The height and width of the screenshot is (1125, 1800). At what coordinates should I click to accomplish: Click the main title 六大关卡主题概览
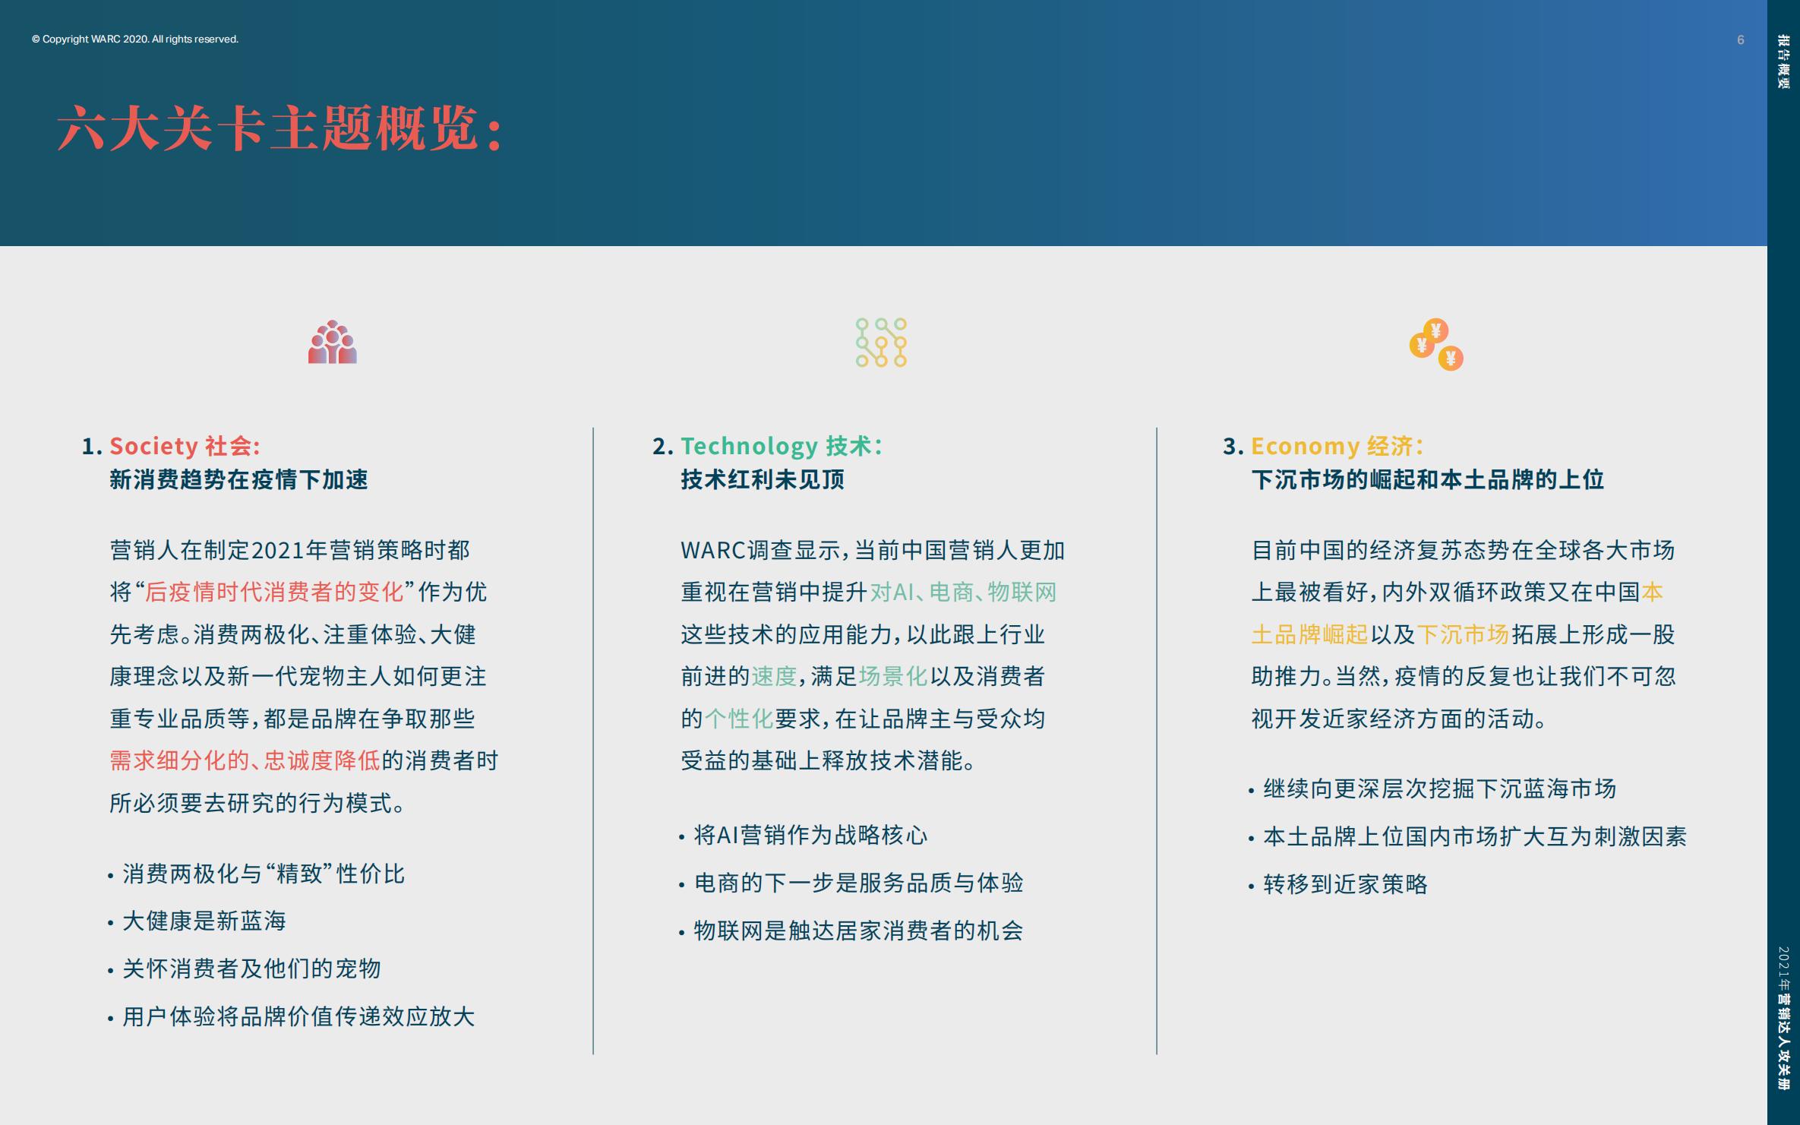tap(279, 128)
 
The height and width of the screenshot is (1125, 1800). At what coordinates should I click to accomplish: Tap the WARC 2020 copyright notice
tap(135, 40)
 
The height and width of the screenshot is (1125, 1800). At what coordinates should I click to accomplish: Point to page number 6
tap(1740, 40)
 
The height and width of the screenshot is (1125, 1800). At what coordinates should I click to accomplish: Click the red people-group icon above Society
tap(332, 343)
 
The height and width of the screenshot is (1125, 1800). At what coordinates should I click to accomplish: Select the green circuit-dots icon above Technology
tap(881, 343)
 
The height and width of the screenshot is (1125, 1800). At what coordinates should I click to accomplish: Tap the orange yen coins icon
tap(1435, 345)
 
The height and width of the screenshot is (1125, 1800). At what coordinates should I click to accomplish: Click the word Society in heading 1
tap(153, 446)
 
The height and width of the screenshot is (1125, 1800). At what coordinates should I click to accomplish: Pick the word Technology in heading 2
tap(749, 446)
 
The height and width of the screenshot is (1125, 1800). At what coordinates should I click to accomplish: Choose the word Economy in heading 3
tap(1305, 446)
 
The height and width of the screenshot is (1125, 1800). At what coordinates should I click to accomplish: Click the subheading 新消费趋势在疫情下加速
tap(238, 480)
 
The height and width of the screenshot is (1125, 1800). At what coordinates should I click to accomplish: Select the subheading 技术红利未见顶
tap(763, 480)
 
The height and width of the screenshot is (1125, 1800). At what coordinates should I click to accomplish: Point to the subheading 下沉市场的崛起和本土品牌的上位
tap(1427, 480)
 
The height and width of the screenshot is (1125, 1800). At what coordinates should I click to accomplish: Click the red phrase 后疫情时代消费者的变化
tap(274, 592)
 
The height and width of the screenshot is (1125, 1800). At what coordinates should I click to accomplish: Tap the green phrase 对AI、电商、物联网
tap(963, 592)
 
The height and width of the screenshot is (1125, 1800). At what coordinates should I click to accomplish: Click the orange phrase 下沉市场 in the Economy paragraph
tap(1463, 634)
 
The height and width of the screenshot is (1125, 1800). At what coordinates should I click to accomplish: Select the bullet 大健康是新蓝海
tap(204, 921)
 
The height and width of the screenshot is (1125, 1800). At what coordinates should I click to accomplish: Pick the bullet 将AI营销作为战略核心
tap(810, 836)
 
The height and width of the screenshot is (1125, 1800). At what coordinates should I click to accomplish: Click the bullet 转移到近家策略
tap(1345, 884)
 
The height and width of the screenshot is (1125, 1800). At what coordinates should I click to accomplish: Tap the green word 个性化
tap(738, 719)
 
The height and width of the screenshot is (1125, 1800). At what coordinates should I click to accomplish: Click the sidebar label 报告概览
tap(1783, 62)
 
